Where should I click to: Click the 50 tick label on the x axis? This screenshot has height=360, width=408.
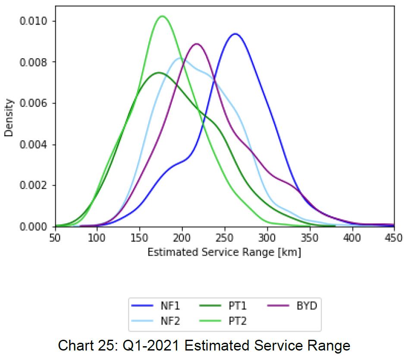click(x=56, y=238)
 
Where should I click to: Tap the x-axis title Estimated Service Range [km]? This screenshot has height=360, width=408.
click(x=224, y=252)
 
